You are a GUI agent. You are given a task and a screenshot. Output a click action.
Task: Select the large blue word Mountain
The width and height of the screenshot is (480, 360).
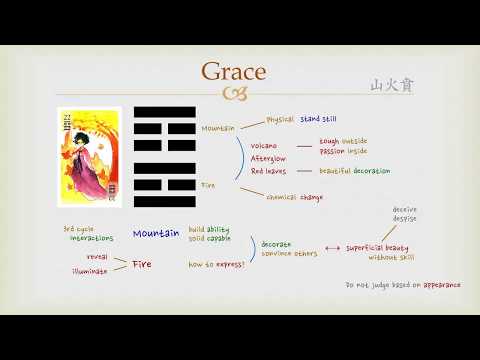point(156,233)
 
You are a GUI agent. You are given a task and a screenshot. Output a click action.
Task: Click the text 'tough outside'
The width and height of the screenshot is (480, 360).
point(343,142)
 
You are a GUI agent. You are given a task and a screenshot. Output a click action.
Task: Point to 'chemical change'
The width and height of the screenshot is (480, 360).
point(295,196)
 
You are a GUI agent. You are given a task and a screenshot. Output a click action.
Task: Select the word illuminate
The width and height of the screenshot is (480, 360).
point(89,271)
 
